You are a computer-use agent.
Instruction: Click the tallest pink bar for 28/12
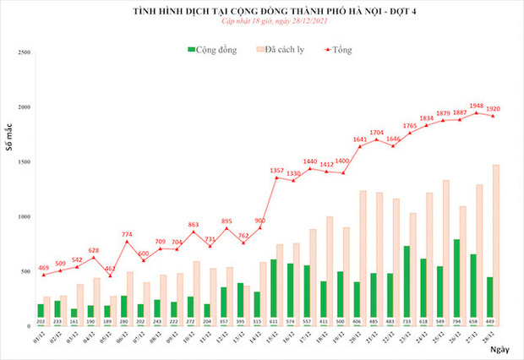(495, 245)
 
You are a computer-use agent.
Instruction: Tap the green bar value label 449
(490, 333)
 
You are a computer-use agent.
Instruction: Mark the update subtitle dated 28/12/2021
(262, 26)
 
